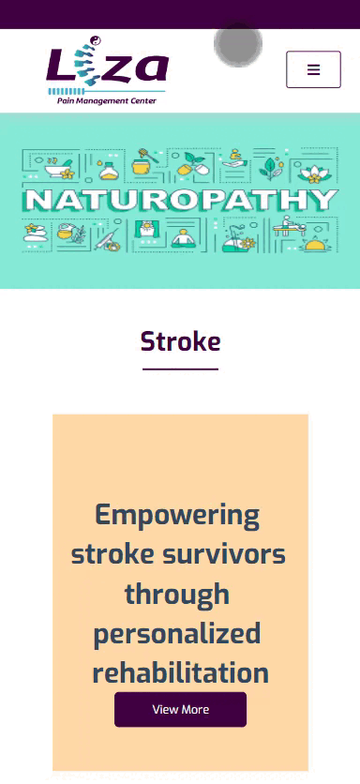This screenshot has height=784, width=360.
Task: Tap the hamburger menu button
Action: coord(313,69)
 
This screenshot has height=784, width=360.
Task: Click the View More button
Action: coord(181,710)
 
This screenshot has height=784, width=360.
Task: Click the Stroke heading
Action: coord(181,342)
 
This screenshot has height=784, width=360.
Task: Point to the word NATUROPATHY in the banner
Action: coord(181,200)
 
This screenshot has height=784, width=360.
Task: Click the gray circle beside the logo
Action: coord(238,44)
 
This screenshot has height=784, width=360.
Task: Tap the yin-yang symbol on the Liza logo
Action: coord(95,40)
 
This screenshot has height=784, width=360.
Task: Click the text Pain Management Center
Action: coord(107,101)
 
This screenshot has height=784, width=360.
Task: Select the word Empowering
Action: coord(177,517)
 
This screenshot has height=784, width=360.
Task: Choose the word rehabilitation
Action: coord(181,672)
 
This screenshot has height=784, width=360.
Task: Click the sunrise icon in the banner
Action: coord(315,244)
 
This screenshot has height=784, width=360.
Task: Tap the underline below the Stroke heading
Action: coord(181,369)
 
